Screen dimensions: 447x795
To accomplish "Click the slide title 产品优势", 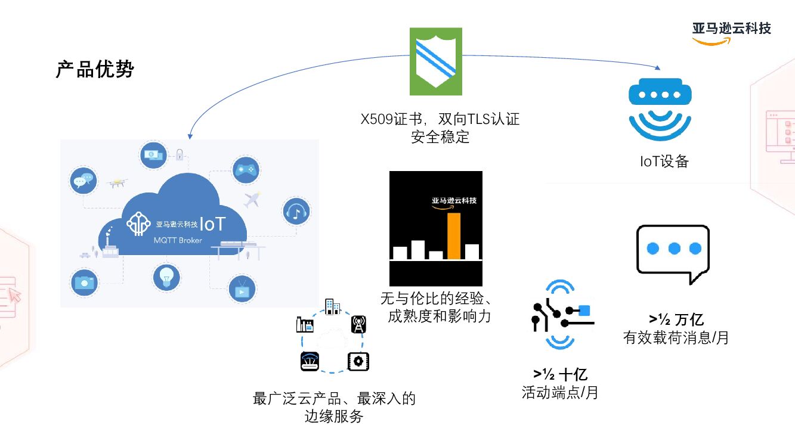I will tap(95, 69).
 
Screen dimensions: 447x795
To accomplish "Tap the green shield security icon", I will tap(436, 61).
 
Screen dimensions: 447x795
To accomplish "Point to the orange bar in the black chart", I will tap(454, 236).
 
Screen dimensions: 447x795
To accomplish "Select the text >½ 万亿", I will tap(676, 320).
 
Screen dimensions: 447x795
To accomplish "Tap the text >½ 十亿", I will tap(561, 374).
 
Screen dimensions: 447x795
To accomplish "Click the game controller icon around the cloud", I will tap(245, 170).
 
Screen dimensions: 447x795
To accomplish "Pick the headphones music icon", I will tap(295, 210).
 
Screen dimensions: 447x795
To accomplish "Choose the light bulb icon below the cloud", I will tap(166, 277).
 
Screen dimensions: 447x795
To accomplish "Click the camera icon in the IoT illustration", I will tap(84, 282).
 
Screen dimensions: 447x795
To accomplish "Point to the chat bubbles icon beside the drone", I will tap(83, 179).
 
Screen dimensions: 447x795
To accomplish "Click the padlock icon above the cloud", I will tap(179, 154).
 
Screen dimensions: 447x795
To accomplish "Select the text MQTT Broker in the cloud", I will tap(178, 240).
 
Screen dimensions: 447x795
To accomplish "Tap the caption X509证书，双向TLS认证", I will tap(440, 119).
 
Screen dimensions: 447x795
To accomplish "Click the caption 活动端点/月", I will tap(559, 393).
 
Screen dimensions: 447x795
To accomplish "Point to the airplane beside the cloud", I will tap(253, 199).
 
